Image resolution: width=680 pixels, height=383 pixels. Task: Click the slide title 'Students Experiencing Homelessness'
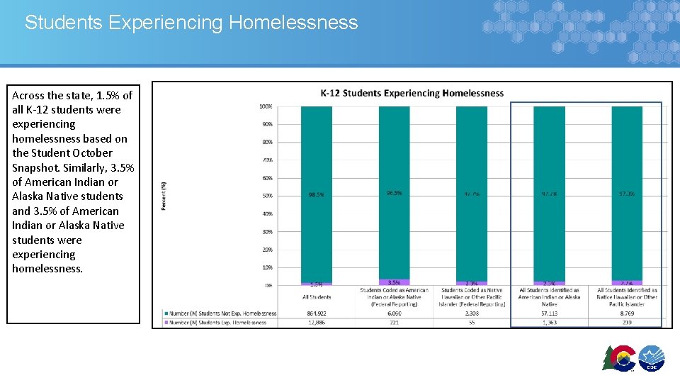[x=191, y=23]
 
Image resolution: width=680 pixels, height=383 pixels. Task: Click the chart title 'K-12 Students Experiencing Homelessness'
[x=412, y=93]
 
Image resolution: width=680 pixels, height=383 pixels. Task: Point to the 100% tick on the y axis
[x=266, y=106]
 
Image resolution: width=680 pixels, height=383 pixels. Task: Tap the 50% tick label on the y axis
[x=266, y=196]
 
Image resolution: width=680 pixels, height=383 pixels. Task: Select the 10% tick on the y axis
[x=267, y=267]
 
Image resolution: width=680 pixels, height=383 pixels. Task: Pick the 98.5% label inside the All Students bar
[x=316, y=194]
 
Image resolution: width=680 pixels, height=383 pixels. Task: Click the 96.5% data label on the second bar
[x=394, y=193]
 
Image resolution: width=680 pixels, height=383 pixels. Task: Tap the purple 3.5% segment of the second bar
[x=394, y=282]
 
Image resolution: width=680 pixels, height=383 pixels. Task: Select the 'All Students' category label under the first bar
[x=316, y=296]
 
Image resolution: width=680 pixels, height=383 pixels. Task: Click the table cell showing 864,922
[x=316, y=313]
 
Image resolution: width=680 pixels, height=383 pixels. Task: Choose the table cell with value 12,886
[x=316, y=322]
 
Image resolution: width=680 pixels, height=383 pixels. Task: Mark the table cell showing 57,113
[x=549, y=313]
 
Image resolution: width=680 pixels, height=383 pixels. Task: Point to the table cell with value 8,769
[x=627, y=313]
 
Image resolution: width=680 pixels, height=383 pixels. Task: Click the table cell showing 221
[x=394, y=322]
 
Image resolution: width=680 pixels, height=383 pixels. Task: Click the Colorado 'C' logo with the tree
[x=619, y=358]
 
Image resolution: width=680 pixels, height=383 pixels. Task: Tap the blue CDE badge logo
[x=652, y=358]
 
